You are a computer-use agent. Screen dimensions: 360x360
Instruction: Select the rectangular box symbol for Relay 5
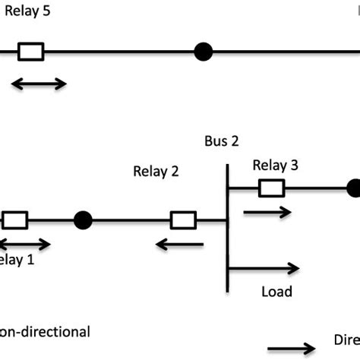tap(30, 52)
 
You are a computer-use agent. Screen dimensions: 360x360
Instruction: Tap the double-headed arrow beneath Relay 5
tap(39, 84)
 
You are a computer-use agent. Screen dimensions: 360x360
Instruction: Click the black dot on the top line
tap(203, 52)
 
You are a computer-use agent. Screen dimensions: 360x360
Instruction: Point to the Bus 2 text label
tap(222, 141)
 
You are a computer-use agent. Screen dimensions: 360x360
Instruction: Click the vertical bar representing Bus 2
tap(228, 228)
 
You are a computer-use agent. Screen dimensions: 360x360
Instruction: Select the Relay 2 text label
tap(156, 171)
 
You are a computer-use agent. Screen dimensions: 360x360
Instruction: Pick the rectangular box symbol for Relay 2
tap(183, 220)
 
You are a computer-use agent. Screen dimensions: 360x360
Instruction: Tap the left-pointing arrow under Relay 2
tap(179, 244)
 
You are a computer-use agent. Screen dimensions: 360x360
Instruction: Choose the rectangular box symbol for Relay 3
tap(271, 188)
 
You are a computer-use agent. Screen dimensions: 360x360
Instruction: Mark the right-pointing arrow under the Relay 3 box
tap(267, 213)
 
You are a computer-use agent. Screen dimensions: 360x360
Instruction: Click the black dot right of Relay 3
tap(353, 188)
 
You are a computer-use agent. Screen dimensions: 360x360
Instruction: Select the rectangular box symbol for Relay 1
tap(15, 220)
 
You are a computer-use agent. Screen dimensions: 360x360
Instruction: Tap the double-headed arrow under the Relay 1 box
tap(24, 244)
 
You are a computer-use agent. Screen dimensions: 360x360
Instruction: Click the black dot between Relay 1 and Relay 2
tap(83, 220)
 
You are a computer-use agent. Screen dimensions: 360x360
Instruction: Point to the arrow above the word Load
tap(264, 267)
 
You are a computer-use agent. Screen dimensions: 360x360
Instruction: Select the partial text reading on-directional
tap(45, 331)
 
